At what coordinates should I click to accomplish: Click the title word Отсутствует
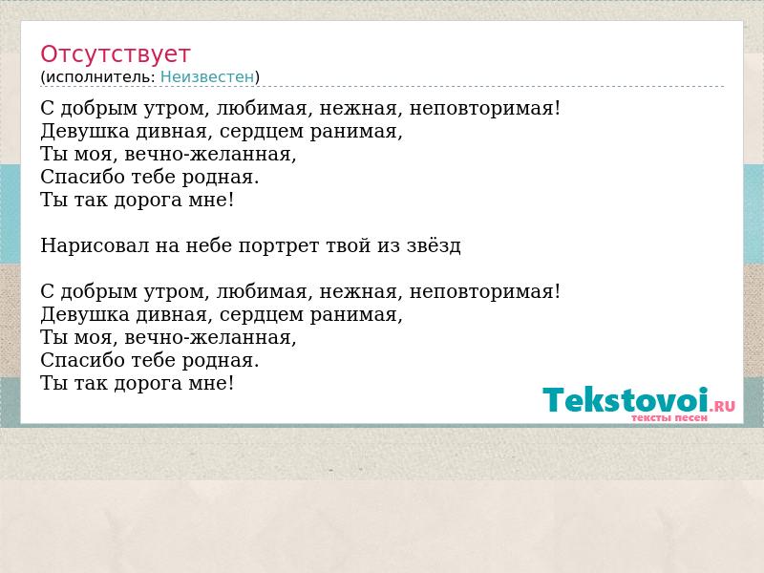115,54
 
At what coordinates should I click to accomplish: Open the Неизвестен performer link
207,77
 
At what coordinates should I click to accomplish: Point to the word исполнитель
100,77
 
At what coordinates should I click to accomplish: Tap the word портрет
279,246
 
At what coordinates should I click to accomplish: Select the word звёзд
434,245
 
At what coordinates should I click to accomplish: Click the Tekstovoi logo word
626,400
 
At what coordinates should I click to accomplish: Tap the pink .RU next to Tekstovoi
723,405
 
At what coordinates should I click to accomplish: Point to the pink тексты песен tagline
669,418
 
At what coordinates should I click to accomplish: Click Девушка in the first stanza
85,131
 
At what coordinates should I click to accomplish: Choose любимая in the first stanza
262,108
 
